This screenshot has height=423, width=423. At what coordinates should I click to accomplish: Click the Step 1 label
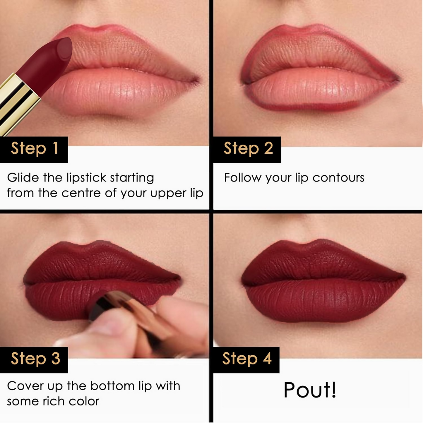tap(34, 149)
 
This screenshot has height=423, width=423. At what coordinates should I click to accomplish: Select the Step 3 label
tap(35, 359)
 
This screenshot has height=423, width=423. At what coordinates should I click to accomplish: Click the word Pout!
tap(310, 390)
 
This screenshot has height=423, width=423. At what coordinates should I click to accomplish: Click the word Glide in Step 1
tap(23, 178)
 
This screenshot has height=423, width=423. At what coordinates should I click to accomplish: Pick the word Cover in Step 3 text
tap(25, 386)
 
